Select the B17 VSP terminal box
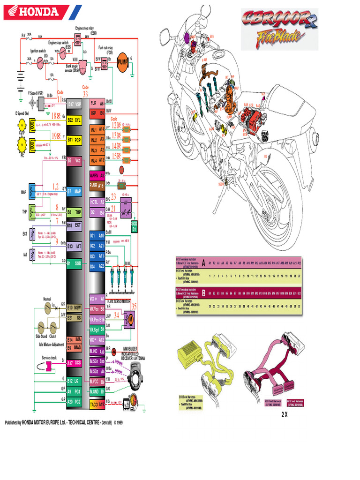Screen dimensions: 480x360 [75, 104]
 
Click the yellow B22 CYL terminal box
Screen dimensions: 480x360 [75, 120]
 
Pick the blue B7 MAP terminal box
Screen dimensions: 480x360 [75, 191]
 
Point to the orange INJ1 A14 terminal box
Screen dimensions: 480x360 [97, 130]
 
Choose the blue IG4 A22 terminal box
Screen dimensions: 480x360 [97, 266]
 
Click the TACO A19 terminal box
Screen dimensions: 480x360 [97, 403]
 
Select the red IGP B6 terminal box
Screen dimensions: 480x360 [97, 113]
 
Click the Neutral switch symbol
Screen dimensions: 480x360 [46, 307]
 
